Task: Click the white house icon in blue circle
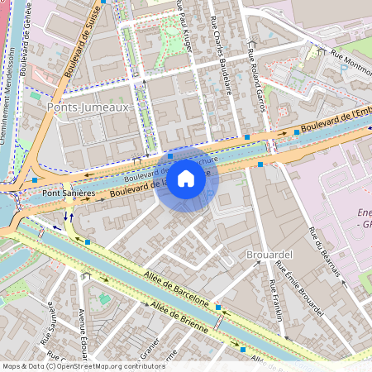(x=186, y=179)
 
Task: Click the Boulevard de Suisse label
(x=88, y=37)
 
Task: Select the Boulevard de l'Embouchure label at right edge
(x=335, y=121)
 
